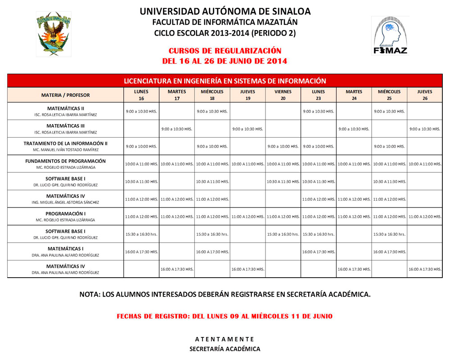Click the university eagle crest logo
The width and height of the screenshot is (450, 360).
pyautogui.click(x=54, y=34)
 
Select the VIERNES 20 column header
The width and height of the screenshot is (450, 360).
pyautogui.click(x=283, y=95)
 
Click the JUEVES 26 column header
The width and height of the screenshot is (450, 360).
pyautogui.click(x=425, y=95)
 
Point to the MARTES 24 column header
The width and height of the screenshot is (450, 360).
pyautogui.click(x=354, y=95)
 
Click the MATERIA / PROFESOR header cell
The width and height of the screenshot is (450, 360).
pyautogui.click(x=66, y=95)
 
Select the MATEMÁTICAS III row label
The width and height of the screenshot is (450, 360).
pyautogui.click(x=66, y=126)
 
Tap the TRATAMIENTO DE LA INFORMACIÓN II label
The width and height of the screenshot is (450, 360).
pyautogui.click(x=66, y=143)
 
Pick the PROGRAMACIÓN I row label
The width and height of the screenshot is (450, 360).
pyautogui.click(x=66, y=213)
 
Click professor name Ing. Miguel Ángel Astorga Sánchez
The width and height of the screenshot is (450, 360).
pyautogui.click(x=66, y=202)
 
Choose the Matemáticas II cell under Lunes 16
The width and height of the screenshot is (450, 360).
pyautogui.click(x=141, y=111)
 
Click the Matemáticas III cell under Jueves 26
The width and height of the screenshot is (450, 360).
pyautogui.click(x=425, y=129)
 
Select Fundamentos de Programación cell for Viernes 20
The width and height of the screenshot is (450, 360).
pyautogui.click(x=283, y=164)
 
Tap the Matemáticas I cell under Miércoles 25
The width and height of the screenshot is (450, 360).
pyautogui.click(x=389, y=252)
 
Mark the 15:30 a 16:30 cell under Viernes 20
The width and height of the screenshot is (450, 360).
pyautogui.click(x=283, y=234)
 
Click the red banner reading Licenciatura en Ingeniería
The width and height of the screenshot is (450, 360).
pyautogui.click(x=225, y=81)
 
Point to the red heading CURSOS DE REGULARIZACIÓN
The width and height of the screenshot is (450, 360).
pyautogui.click(x=225, y=51)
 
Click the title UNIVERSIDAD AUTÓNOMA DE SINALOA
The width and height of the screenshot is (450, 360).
pyautogui.click(x=225, y=11)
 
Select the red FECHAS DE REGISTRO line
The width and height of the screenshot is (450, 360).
pyautogui.click(x=225, y=316)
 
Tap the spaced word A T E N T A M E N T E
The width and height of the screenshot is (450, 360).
pyautogui.click(x=225, y=339)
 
